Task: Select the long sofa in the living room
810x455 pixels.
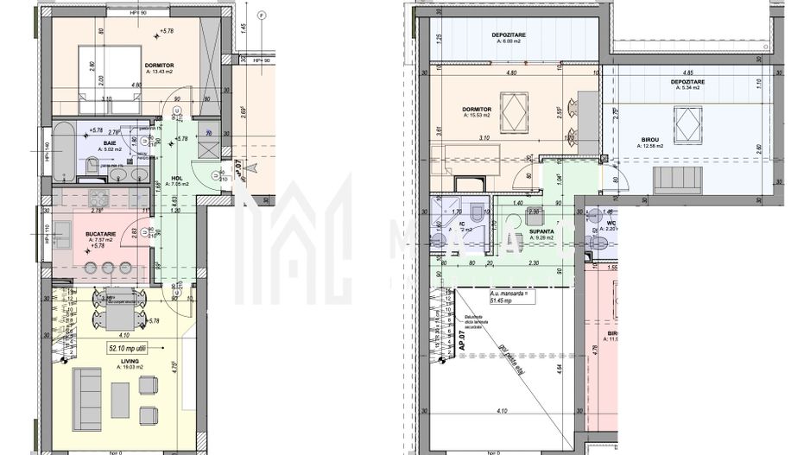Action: pyautogui.click(x=87, y=396)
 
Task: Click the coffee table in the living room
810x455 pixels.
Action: pyautogui.click(x=121, y=398)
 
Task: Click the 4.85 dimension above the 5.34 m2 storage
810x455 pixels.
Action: pyautogui.click(x=688, y=73)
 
